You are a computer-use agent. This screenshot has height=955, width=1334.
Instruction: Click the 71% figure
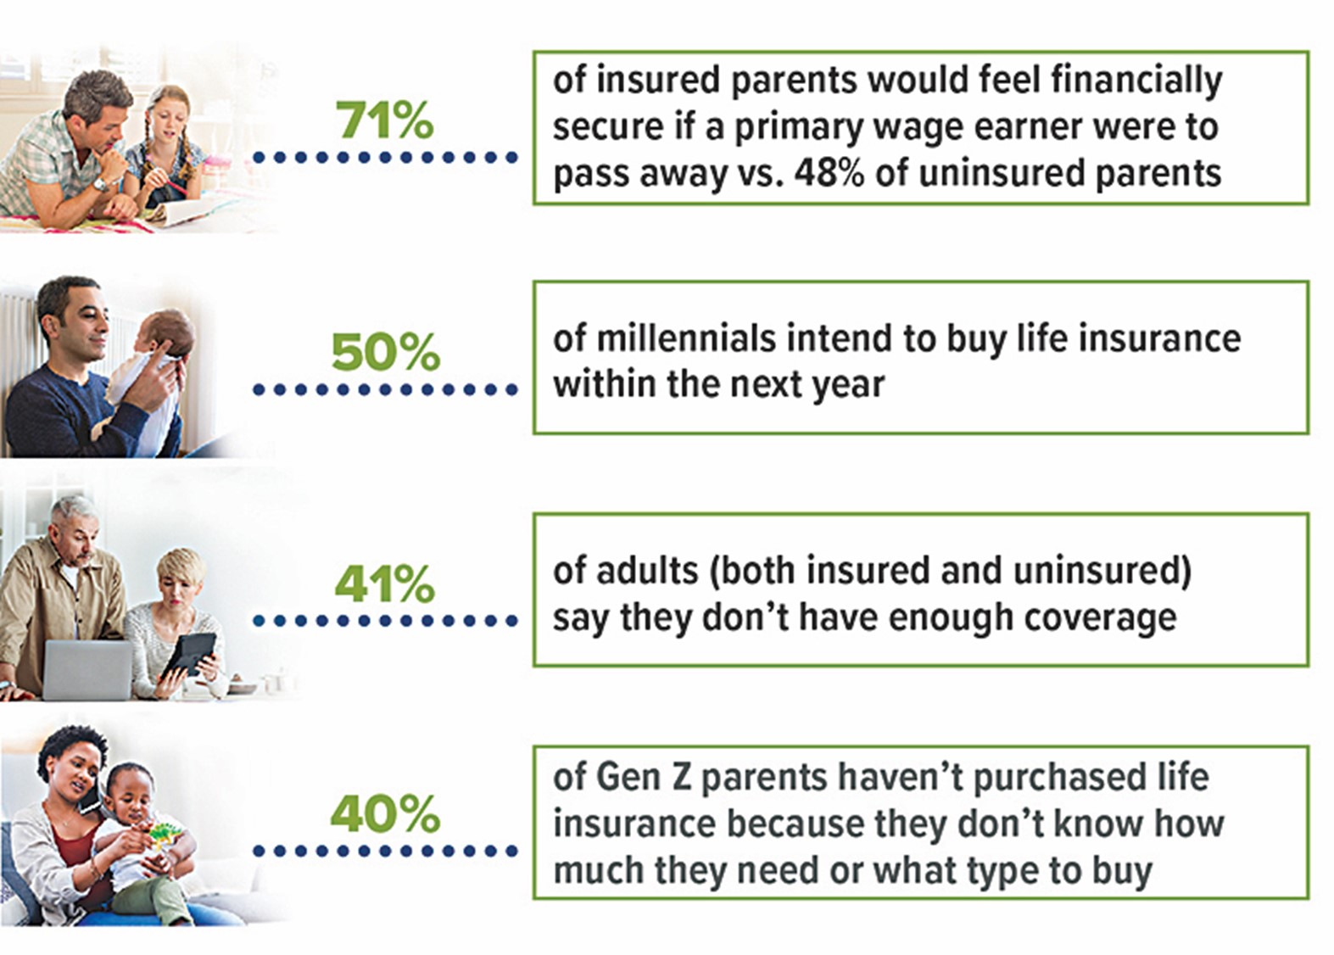click(384, 120)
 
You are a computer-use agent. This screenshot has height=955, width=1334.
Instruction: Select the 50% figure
click(385, 352)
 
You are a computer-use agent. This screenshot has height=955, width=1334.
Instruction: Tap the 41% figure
click(384, 584)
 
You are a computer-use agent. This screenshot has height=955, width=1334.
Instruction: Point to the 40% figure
click(385, 814)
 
